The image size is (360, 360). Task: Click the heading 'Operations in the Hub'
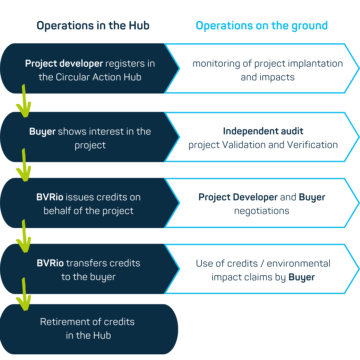(x=93, y=26)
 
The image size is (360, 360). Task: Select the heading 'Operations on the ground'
(x=262, y=26)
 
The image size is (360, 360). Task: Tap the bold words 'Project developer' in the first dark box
(x=64, y=63)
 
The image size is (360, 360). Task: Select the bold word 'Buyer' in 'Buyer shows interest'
(x=42, y=132)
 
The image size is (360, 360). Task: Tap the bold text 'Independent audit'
(x=263, y=131)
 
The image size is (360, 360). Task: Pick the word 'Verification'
(x=312, y=145)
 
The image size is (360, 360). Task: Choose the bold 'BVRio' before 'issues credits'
(x=50, y=197)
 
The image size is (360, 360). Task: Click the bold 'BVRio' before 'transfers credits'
(x=50, y=263)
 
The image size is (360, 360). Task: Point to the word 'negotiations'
(x=262, y=211)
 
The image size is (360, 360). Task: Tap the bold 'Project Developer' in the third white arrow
(x=238, y=197)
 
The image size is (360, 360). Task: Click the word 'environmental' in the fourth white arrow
(x=299, y=263)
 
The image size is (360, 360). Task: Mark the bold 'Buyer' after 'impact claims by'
(x=302, y=277)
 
